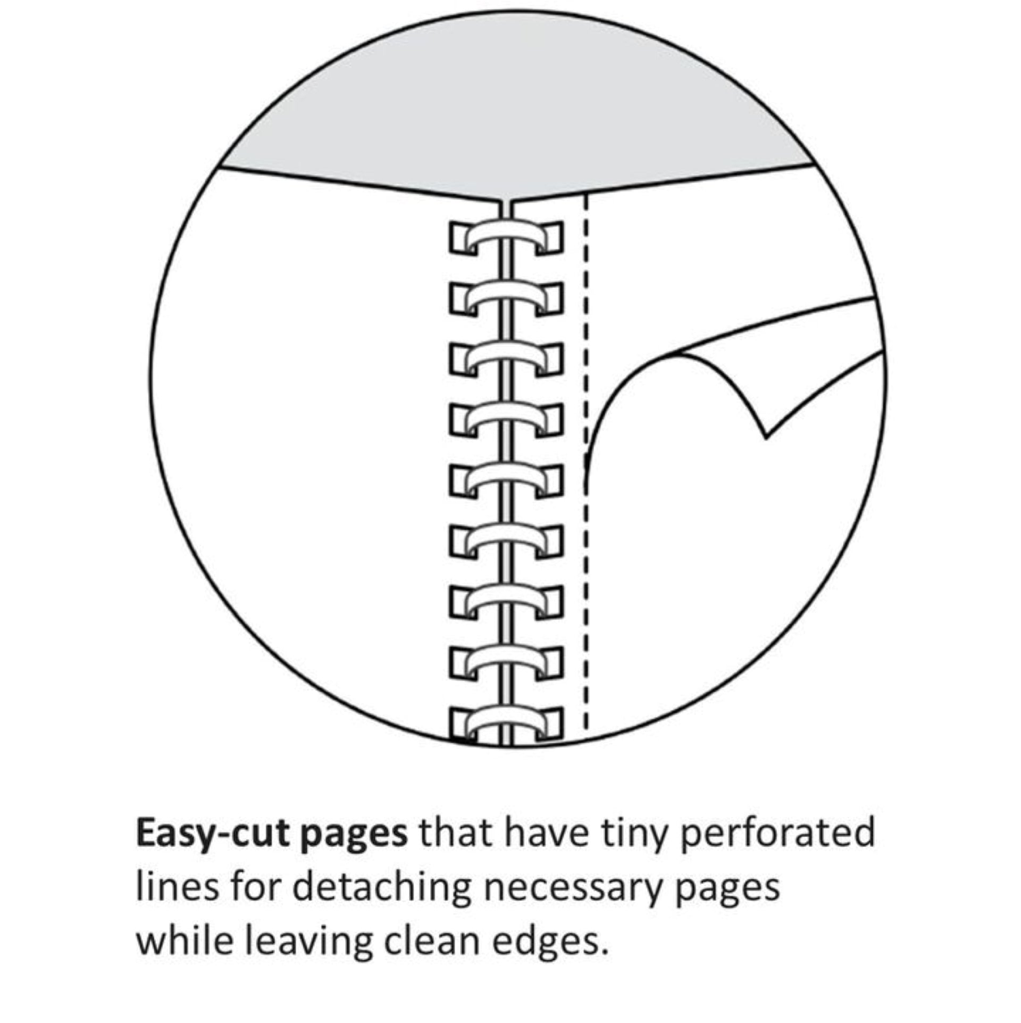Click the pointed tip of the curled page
click(766, 438)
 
